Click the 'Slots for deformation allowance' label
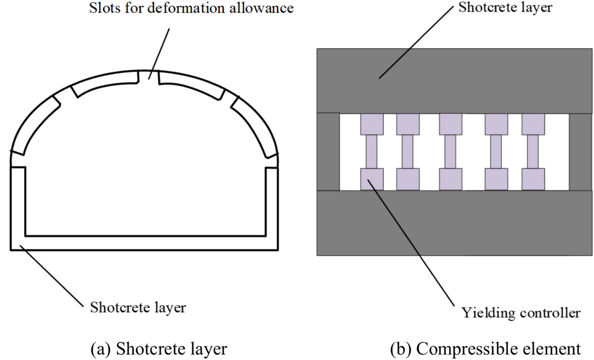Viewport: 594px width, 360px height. (191, 8)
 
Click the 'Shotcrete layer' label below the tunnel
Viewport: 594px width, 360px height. (138, 307)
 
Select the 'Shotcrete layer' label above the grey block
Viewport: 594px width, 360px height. (505, 7)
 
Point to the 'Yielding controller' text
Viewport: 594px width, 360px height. (520, 313)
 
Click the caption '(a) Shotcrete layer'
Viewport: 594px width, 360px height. (159, 349)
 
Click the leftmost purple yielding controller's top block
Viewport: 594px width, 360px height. (372, 124)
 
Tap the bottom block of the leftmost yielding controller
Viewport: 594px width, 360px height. (372, 179)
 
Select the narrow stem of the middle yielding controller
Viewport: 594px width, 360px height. (450, 152)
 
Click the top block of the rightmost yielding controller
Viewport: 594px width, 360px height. (533, 124)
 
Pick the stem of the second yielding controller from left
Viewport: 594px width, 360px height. (408, 152)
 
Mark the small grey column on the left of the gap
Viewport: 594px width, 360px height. (328, 152)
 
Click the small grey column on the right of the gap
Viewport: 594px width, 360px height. (580, 152)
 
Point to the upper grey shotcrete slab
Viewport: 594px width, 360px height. (454, 80)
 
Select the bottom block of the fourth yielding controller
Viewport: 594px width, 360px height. (496, 179)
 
